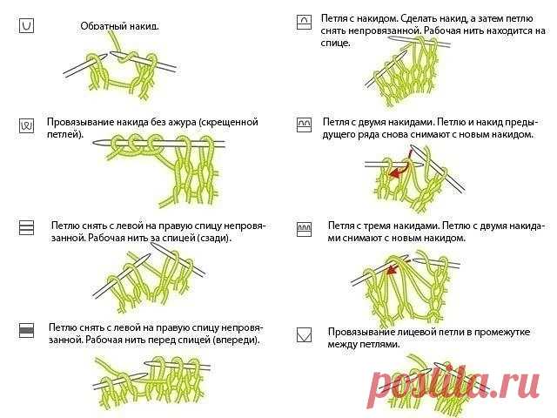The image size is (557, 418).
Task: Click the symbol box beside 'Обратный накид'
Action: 26,26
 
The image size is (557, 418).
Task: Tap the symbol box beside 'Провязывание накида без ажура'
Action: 26,125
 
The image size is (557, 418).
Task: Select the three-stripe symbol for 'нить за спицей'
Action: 26,227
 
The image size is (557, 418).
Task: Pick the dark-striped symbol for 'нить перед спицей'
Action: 26,330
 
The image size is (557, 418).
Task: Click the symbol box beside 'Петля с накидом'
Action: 304,22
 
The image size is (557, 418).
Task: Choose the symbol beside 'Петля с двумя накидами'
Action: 304,125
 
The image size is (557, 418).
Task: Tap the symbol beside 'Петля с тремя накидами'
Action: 304,229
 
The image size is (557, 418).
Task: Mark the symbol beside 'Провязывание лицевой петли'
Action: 304,334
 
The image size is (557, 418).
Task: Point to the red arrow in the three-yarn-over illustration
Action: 393,269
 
